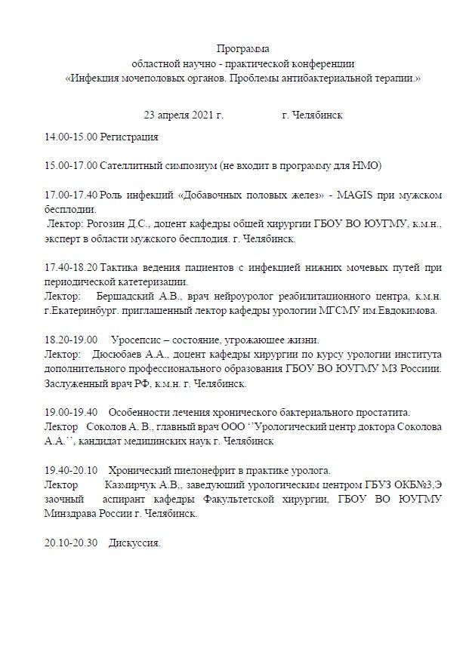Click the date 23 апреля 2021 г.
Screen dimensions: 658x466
[x=183, y=115]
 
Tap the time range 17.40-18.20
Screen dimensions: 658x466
[x=71, y=268]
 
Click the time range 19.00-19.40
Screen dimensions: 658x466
[x=71, y=412]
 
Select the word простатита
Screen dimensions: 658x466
[x=381, y=412]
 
